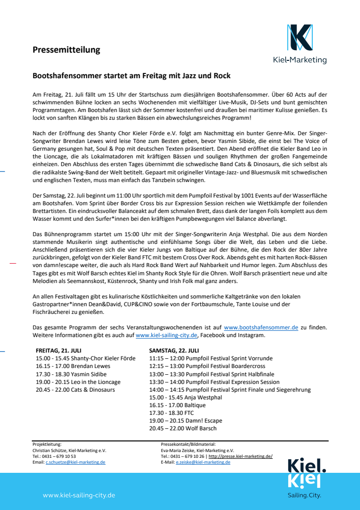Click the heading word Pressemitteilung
point(66,50)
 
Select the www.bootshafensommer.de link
point(261,327)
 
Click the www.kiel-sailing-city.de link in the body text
point(166,335)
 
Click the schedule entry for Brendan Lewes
point(73,366)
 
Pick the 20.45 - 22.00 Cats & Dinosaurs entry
point(75,389)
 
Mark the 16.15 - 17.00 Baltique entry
point(178,405)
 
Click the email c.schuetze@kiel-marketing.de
point(75,462)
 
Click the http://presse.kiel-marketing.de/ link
point(240,456)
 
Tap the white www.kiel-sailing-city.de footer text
point(79,495)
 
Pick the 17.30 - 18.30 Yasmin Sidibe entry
point(71,374)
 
